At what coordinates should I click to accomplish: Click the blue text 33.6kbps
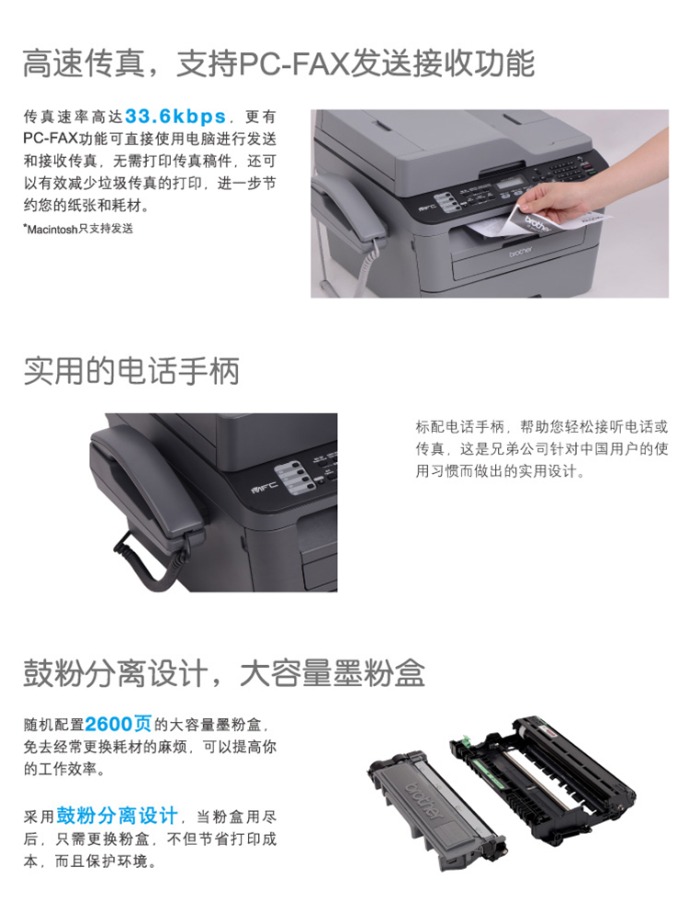(x=175, y=117)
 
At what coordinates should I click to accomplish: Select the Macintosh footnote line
(x=78, y=229)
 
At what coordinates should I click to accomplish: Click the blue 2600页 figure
(x=119, y=724)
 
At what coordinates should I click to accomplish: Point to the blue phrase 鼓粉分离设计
(x=117, y=816)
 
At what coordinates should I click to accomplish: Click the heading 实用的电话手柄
(x=131, y=371)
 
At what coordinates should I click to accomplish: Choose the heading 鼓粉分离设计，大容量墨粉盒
(x=223, y=673)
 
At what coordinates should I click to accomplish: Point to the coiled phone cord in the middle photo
(x=152, y=560)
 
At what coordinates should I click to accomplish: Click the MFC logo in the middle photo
(x=264, y=486)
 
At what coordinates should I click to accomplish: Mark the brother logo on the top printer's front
(x=520, y=252)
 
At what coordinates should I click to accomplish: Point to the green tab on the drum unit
(x=466, y=743)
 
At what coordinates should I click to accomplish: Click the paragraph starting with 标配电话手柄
(x=542, y=449)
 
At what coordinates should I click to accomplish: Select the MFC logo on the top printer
(x=425, y=207)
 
